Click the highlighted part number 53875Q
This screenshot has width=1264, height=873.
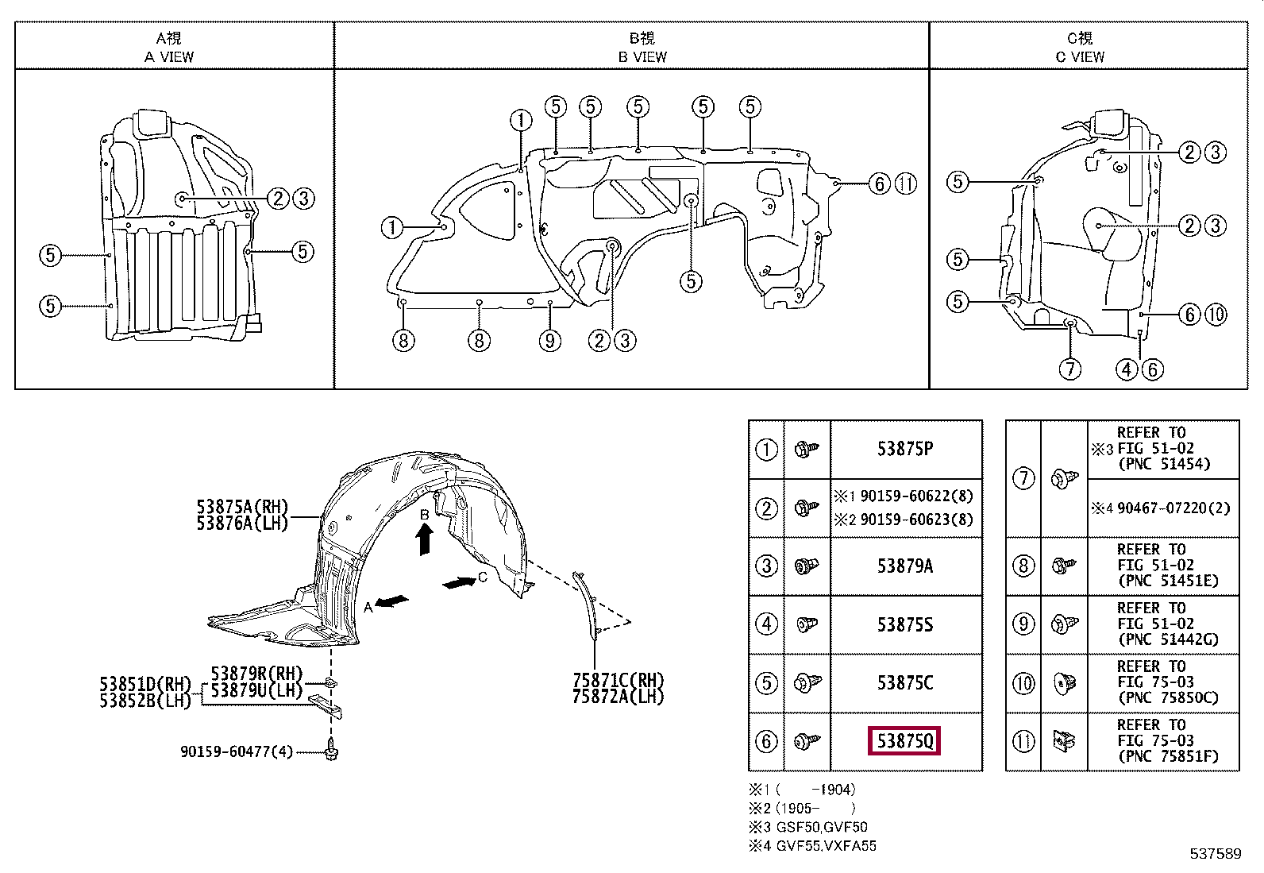pos(904,741)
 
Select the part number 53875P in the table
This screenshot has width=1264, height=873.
pos(904,449)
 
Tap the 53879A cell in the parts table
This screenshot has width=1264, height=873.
pos(904,566)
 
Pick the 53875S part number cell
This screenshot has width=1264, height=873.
pos(904,624)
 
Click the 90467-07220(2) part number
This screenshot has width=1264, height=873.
pos(1173,508)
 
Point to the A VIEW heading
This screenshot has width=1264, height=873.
pos(169,56)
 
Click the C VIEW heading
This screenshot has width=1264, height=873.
pos(1080,56)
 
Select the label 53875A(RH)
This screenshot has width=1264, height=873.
pos(242,506)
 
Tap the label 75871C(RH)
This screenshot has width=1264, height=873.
pos(618,680)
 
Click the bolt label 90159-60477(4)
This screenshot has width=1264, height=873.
pos(237,751)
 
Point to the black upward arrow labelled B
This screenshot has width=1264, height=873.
pos(425,540)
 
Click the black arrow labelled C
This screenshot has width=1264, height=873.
pos(459,583)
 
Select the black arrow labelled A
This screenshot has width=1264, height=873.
pos(393,601)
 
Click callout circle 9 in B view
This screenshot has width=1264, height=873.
pos(549,341)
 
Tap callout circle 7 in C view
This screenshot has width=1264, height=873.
pos(1070,369)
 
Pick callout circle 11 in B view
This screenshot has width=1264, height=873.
pos(906,184)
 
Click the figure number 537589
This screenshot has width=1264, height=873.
pos(1215,854)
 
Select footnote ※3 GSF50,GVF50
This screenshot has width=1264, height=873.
pos(808,827)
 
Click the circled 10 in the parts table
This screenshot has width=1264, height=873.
pos(1023,683)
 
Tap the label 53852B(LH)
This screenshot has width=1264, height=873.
pos(145,701)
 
